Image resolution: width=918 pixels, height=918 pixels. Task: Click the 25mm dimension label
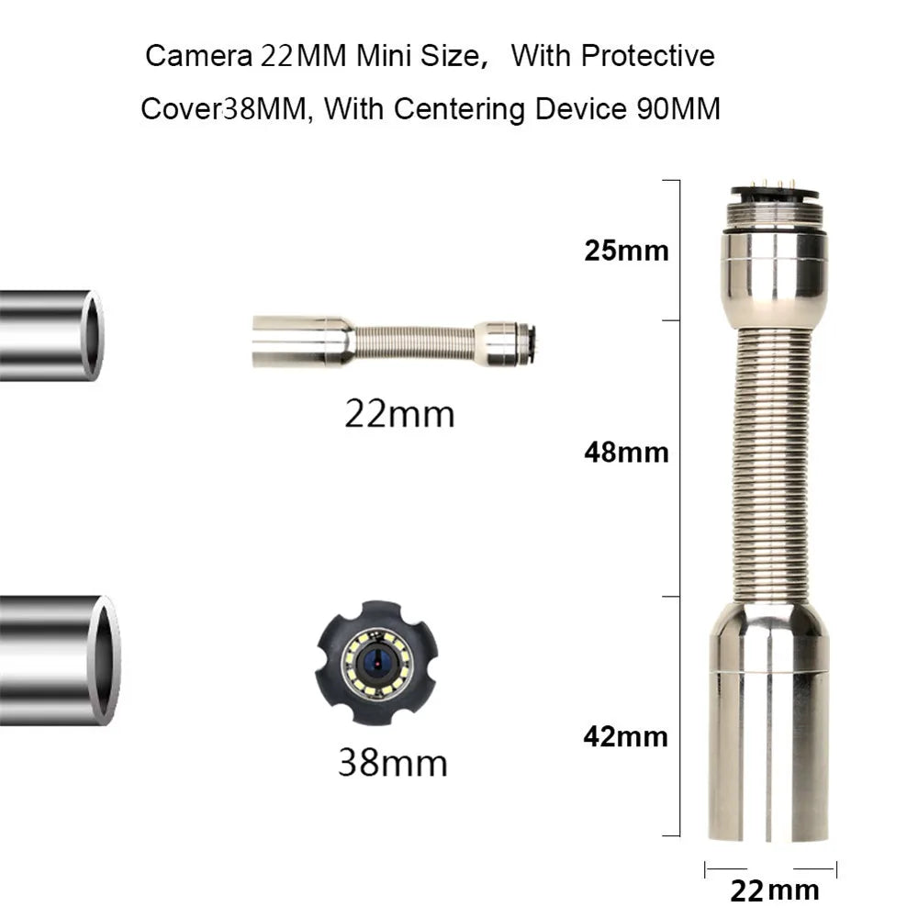pyautogui.click(x=627, y=251)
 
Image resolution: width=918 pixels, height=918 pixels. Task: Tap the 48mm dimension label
pyautogui.click(x=627, y=453)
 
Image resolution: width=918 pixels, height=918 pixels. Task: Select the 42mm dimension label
pyautogui.click(x=627, y=736)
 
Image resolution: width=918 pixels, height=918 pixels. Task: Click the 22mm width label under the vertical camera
pyautogui.click(x=774, y=890)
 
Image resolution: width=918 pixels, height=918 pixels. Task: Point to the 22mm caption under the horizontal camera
pyautogui.click(x=399, y=414)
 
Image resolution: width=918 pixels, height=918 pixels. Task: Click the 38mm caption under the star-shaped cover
pyautogui.click(x=393, y=762)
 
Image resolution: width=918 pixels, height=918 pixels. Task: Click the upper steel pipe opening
pyautogui.click(x=93, y=334)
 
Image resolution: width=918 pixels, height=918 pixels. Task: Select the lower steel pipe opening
pyautogui.click(x=106, y=660)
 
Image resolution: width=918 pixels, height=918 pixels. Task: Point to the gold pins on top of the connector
pyautogui.click(x=774, y=185)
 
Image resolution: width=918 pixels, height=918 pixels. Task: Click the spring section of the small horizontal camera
pyautogui.click(x=413, y=341)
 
